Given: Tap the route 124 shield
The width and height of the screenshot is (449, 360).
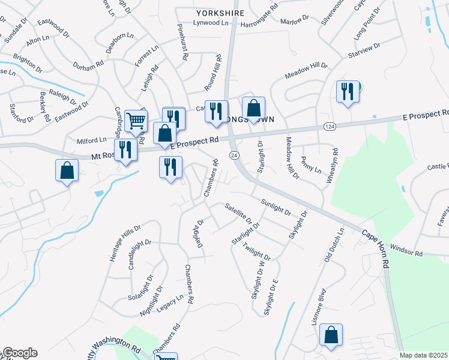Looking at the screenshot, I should pyautogui.click(x=329, y=126).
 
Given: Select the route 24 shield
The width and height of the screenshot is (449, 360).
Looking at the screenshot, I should pyautogui.click(x=234, y=155).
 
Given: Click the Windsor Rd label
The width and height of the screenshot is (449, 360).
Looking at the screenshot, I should pyautogui.click(x=406, y=250).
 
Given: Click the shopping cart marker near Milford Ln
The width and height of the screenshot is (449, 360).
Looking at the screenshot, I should pyautogui.click(x=136, y=121).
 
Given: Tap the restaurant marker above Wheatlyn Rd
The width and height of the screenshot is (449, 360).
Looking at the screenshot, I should pyautogui.click(x=347, y=92).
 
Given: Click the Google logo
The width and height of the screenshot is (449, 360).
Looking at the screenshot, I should pyautogui.click(x=19, y=353).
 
